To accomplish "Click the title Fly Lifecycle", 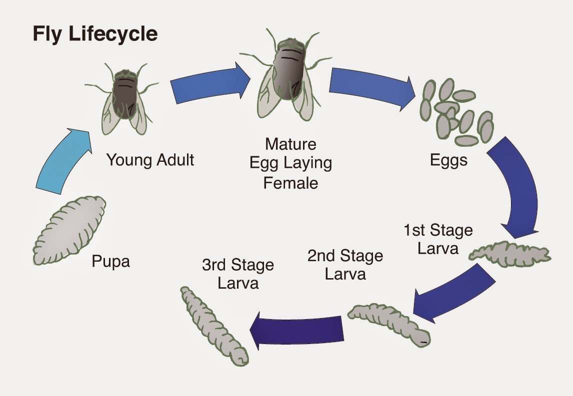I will [x=95, y=34].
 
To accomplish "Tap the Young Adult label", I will [x=150, y=160].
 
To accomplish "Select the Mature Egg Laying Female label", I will [x=290, y=163].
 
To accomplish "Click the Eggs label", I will [x=449, y=160].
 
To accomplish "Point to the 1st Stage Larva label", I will [x=438, y=239].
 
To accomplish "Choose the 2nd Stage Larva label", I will [x=345, y=265].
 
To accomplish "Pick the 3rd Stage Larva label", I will [x=238, y=274].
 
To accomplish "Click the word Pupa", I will [x=110, y=261].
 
